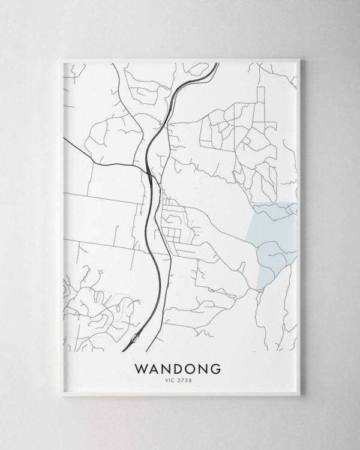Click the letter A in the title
(x=155, y=367)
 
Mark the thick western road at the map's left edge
(x=66, y=140)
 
